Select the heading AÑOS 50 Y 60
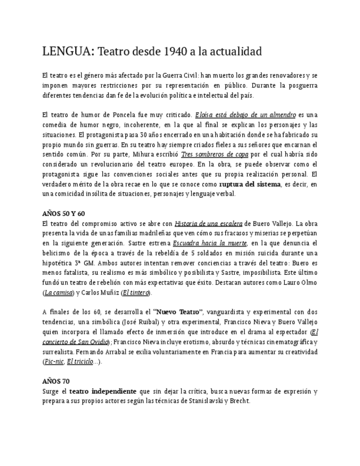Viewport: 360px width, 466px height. point(64,213)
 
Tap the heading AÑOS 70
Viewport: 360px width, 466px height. point(56,381)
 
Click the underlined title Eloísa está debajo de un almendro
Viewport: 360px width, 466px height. point(245,115)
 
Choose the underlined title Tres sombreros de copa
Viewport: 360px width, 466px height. point(214,154)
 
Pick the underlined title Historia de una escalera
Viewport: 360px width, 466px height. point(208,224)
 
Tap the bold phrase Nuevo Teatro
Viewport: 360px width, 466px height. point(178,312)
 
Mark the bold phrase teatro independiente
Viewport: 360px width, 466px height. point(103,391)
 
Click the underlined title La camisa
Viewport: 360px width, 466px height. point(57,292)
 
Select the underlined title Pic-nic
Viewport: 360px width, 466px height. point(53,362)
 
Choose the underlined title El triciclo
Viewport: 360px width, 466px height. point(79,362)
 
